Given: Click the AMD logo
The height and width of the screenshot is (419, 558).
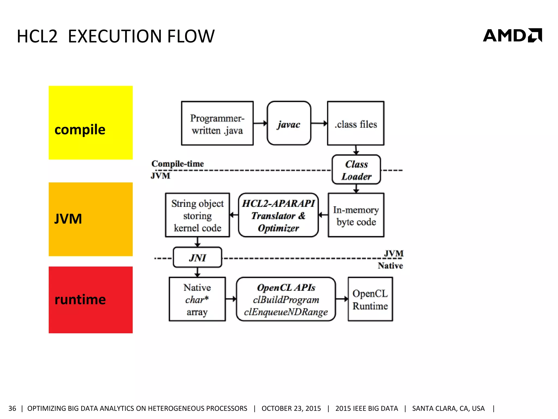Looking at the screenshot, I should [x=512, y=35].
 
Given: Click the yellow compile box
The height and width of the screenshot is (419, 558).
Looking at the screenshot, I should [x=90, y=122].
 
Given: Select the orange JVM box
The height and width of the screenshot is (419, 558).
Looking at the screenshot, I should [x=90, y=219].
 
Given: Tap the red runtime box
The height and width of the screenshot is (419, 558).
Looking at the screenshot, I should [x=90, y=300].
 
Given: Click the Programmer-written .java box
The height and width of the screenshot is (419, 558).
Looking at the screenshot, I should [x=217, y=123].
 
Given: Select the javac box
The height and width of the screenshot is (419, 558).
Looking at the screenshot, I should [x=289, y=123].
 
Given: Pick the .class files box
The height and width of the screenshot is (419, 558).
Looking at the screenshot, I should [x=356, y=123].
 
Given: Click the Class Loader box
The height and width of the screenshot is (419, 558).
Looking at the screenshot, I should [x=356, y=170].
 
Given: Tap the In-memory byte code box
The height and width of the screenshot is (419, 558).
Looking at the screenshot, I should [x=356, y=215].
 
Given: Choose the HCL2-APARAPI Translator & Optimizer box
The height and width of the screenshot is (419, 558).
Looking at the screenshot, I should [x=278, y=215].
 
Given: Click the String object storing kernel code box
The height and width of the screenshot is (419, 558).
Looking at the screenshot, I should [x=197, y=215].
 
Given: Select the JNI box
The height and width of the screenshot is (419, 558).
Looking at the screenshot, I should [x=197, y=257].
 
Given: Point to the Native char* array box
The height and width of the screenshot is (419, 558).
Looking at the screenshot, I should [x=197, y=299].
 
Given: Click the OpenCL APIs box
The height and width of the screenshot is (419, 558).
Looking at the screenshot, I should [x=286, y=299].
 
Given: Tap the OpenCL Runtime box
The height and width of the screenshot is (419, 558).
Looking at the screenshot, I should [x=370, y=299].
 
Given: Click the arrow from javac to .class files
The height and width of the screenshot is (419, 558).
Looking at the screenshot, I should [x=319, y=123].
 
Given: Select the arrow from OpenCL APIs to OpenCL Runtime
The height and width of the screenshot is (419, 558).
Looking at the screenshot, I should [x=342, y=299].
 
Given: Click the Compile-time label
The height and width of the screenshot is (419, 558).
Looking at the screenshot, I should [x=177, y=164].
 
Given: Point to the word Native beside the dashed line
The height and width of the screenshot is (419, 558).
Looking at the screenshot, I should [x=390, y=265].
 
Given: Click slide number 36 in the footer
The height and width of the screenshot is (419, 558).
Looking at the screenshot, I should [x=12, y=408].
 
